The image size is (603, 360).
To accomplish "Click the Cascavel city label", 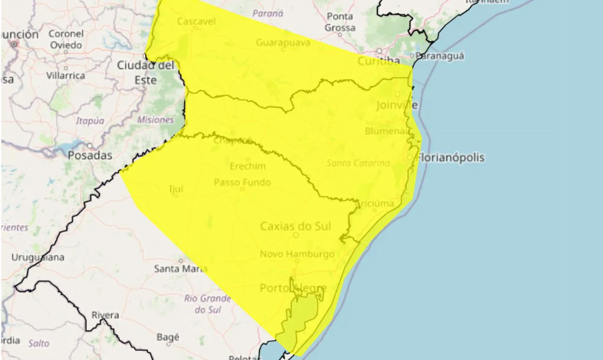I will tap(196, 21).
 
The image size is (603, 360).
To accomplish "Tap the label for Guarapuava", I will tap(283, 43).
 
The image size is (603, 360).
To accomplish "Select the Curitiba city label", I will tap(379, 61).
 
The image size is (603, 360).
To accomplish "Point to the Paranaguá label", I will tap(440, 56).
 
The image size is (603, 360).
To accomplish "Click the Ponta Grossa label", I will tap(340, 22).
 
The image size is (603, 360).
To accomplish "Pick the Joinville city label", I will tap(397, 105).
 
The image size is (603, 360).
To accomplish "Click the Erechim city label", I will tap(248, 166).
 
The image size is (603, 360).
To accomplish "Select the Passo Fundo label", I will tap(242, 182).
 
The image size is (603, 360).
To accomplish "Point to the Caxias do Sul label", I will tap(295, 227).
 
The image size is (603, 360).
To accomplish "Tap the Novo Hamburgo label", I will tap(297, 254).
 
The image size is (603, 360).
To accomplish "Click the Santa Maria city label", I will tap(180, 269).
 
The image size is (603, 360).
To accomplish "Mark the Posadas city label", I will tap(90, 155).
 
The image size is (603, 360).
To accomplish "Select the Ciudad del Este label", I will tap(146, 73).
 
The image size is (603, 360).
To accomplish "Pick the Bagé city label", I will tap(167, 337).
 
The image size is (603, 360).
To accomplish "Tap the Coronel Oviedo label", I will tap(66, 40).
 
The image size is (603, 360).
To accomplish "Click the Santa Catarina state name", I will tap(358, 163).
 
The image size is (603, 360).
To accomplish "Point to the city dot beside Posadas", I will tap(90, 146).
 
